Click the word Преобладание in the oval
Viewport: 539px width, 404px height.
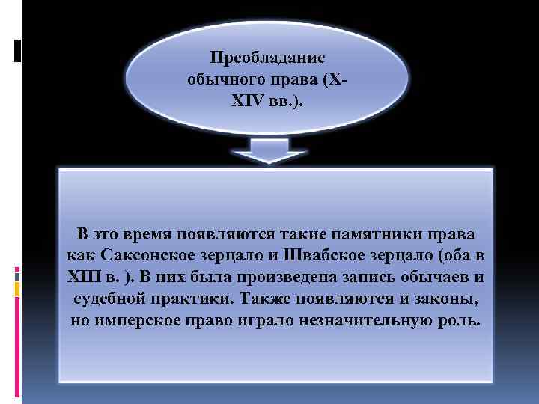point(267,58)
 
